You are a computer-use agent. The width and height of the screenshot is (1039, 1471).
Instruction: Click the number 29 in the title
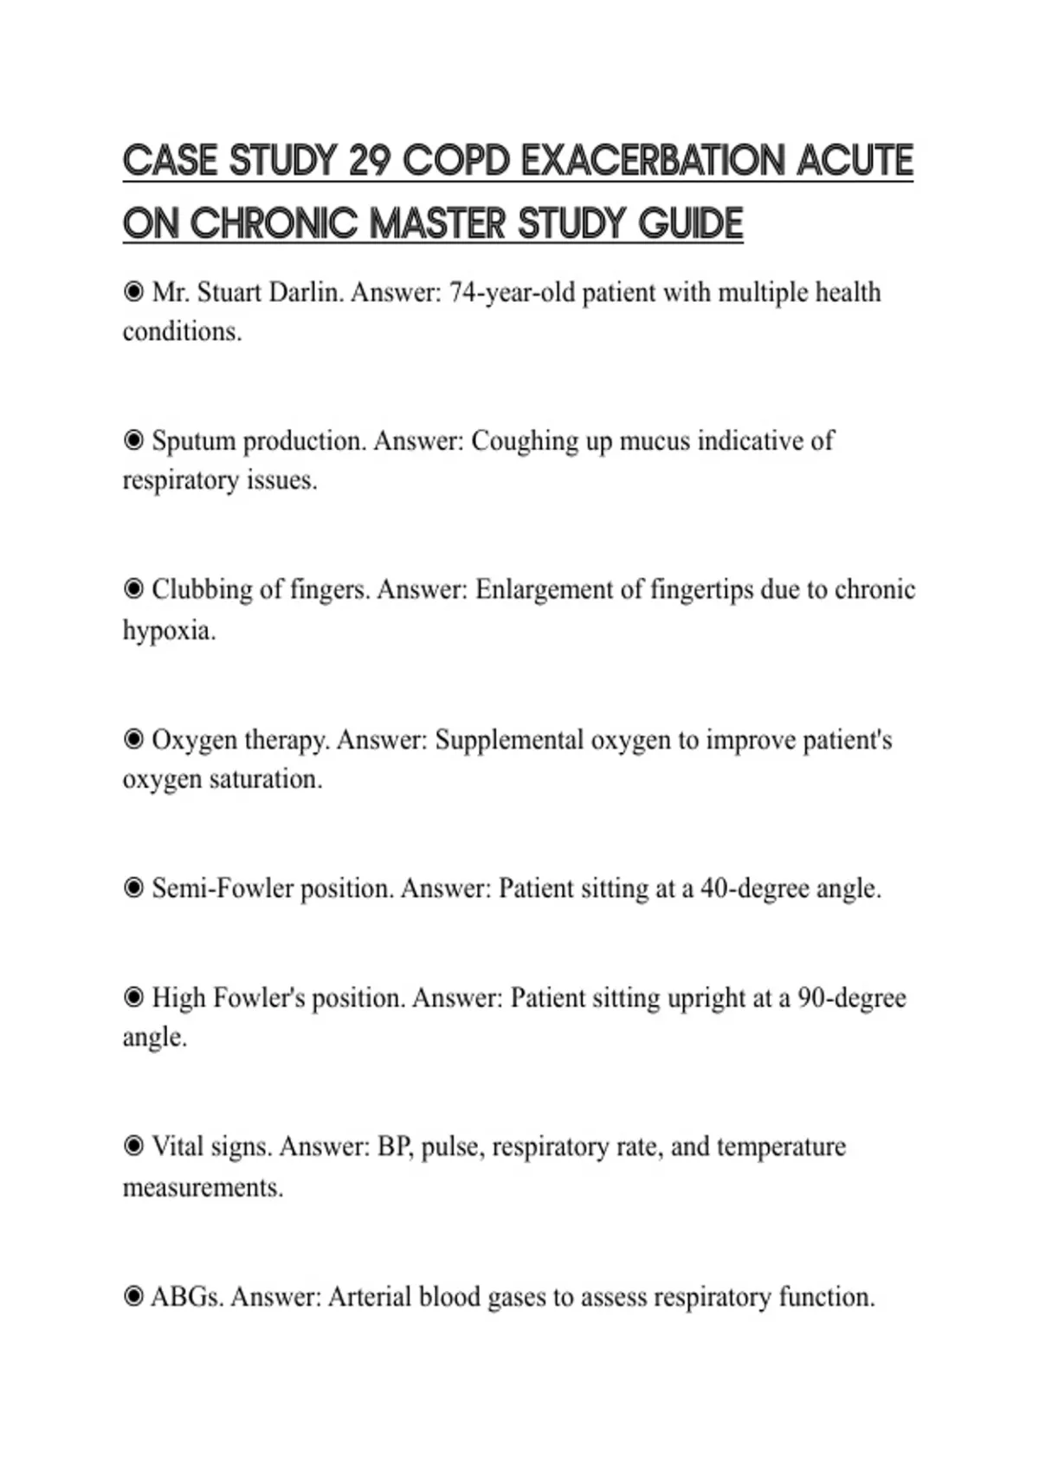[371, 161]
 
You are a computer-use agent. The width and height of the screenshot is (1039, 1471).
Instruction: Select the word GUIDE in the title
[691, 223]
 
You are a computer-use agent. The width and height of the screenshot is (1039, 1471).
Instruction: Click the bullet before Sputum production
[133, 440]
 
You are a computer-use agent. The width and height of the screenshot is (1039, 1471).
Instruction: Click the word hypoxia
[168, 630]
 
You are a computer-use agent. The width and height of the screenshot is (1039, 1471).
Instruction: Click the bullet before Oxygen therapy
[133, 740]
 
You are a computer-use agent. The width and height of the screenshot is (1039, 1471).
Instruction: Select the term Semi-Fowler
[223, 889]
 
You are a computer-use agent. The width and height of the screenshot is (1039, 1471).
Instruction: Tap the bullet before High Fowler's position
[133, 998]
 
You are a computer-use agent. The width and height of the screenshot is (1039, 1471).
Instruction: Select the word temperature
[781, 1147]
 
